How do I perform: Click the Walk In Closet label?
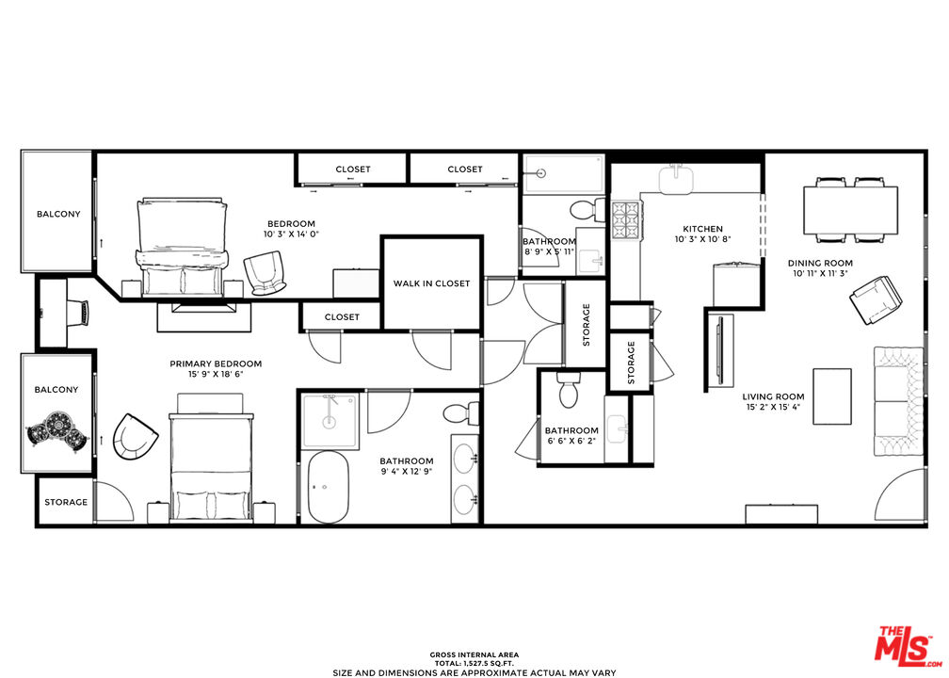pyautogui.click(x=431, y=283)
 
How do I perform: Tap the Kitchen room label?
pyautogui.click(x=702, y=229)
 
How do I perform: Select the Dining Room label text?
pyautogui.click(x=820, y=264)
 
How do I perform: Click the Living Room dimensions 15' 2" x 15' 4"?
pyautogui.click(x=773, y=407)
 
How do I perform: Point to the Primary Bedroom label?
pyautogui.click(x=216, y=363)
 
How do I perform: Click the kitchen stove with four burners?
pyautogui.click(x=625, y=221)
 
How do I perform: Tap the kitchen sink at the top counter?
pyautogui.click(x=677, y=178)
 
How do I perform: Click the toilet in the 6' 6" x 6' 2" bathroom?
pyautogui.click(x=569, y=389)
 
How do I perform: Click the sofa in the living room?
pyautogui.click(x=899, y=401)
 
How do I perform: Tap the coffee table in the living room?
pyautogui.click(x=832, y=396)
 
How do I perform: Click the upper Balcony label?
pyautogui.click(x=58, y=214)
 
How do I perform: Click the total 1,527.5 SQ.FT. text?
pyautogui.click(x=474, y=664)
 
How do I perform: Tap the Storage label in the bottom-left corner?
pyautogui.click(x=66, y=502)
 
